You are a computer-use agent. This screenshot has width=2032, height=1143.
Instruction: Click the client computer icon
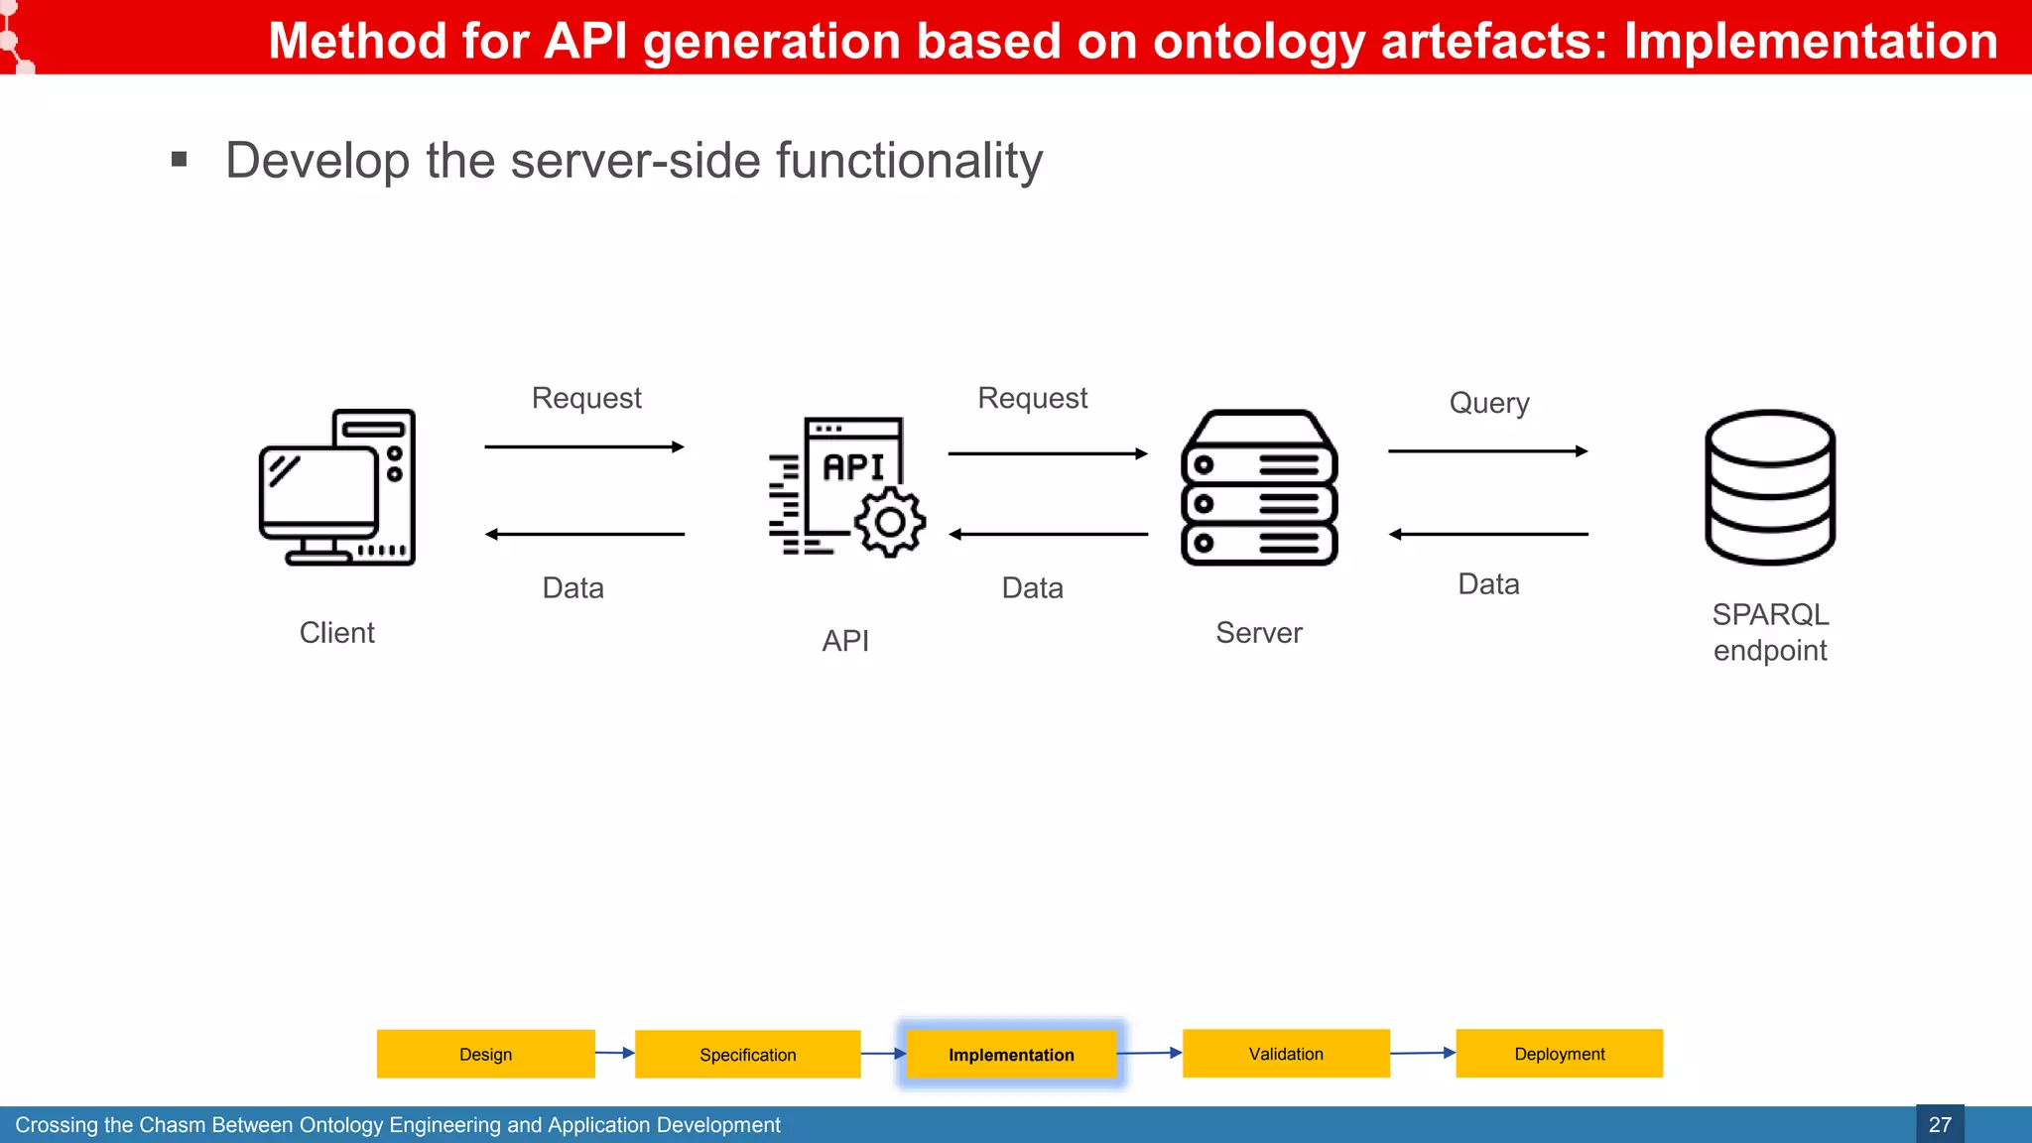pos(336,487)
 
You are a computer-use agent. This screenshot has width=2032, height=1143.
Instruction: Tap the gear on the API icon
pos(890,522)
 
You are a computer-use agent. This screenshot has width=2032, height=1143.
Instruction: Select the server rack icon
pos(1259,487)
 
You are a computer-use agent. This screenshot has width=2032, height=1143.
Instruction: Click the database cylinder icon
pos(1770,487)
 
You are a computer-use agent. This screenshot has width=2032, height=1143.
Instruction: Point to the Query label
pos(1488,403)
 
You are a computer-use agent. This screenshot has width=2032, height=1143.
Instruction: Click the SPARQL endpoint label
pos(1770,632)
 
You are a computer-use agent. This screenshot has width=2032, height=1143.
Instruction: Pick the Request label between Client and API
pos(586,398)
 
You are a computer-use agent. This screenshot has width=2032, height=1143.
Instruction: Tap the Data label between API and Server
pos(1032,587)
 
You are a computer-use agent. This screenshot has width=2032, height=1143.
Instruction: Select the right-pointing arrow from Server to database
pos(1487,451)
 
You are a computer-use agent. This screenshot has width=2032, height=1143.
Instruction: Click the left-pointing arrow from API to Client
pos(584,535)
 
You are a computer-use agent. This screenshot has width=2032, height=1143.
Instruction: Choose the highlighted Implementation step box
pos(1011,1055)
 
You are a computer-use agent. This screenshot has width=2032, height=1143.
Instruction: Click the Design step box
pos(485,1054)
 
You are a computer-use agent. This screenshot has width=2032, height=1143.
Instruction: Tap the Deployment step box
pos(1559,1054)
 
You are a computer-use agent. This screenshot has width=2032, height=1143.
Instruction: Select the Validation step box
pos(1286,1054)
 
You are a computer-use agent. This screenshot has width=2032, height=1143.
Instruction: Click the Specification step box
pos(747,1055)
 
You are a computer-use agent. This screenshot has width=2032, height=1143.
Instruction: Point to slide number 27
pos(1940,1124)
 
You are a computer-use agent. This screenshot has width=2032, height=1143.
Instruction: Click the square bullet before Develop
pos(180,159)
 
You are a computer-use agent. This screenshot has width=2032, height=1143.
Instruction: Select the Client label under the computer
pos(336,633)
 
